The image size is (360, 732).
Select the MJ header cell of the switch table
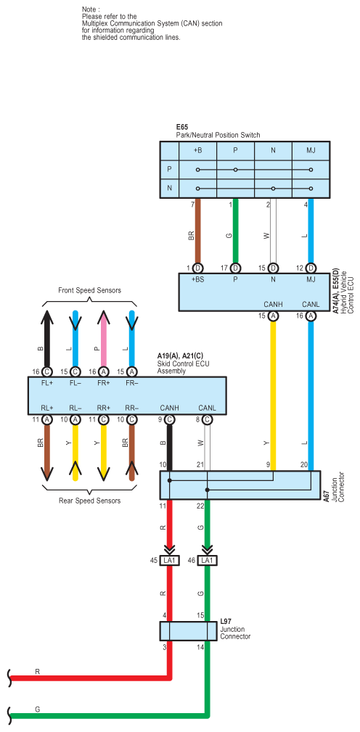(x=311, y=151)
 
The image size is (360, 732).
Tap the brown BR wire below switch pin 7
(x=197, y=231)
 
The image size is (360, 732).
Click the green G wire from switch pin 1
(x=235, y=231)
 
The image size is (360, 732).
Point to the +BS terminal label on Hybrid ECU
(x=198, y=279)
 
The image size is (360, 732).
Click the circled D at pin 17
(x=235, y=268)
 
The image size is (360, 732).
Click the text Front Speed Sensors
(x=90, y=290)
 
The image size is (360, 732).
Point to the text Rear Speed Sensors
(x=90, y=501)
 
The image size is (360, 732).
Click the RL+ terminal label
(x=46, y=408)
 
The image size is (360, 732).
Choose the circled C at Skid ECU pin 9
(x=170, y=419)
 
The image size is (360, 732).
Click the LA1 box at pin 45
(x=170, y=560)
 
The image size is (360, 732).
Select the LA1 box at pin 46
(x=208, y=560)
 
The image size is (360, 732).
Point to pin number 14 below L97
(x=201, y=648)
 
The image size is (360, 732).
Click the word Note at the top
(x=91, y=9)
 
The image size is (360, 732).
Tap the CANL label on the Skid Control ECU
(x=208, y=408)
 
